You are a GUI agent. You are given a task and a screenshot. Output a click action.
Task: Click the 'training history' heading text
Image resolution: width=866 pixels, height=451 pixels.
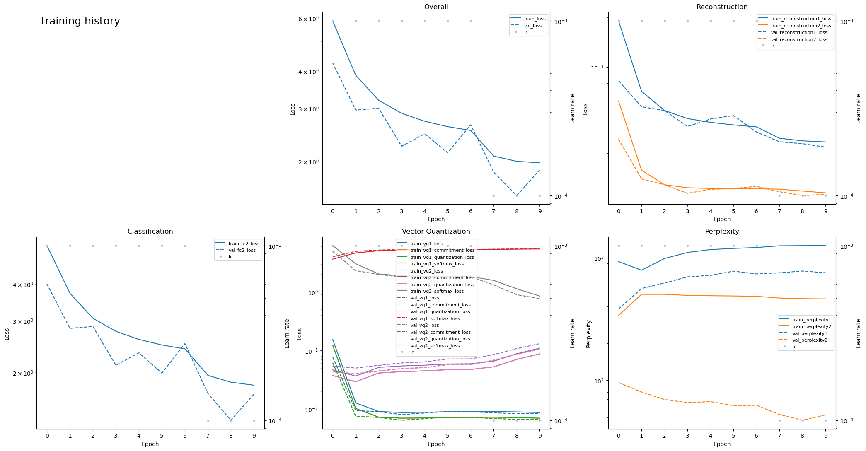[80, 21]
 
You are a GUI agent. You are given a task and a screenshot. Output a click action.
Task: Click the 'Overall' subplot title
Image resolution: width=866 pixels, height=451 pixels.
[436, 7]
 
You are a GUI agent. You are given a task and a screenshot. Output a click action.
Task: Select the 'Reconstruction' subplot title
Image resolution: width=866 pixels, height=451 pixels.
[722, 7]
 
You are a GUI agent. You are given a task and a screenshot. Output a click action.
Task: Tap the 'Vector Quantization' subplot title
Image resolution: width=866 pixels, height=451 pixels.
[436, 232]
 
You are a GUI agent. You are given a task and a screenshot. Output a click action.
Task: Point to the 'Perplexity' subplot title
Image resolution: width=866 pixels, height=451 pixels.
[722, 232]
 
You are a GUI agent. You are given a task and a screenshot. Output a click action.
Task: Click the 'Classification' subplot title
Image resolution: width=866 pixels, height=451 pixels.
[150, 232]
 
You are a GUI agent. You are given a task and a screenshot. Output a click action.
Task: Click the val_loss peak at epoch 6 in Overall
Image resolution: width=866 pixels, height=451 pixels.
[471, 125]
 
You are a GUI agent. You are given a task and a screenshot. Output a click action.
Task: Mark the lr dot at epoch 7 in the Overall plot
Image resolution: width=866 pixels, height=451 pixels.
[493, 195]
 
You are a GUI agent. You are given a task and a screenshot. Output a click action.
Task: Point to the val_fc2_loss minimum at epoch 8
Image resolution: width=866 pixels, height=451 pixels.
[231, 420]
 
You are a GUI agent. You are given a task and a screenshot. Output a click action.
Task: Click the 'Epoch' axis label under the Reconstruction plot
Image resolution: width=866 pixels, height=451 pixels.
[722, 219]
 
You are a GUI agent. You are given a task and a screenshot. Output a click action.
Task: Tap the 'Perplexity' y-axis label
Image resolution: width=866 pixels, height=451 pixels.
[588, 333]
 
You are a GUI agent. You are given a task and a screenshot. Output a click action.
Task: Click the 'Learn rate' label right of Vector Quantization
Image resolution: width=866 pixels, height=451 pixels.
[573, 333]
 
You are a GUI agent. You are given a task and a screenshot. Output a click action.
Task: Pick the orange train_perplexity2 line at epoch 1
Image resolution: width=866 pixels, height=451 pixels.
[641, 294]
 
